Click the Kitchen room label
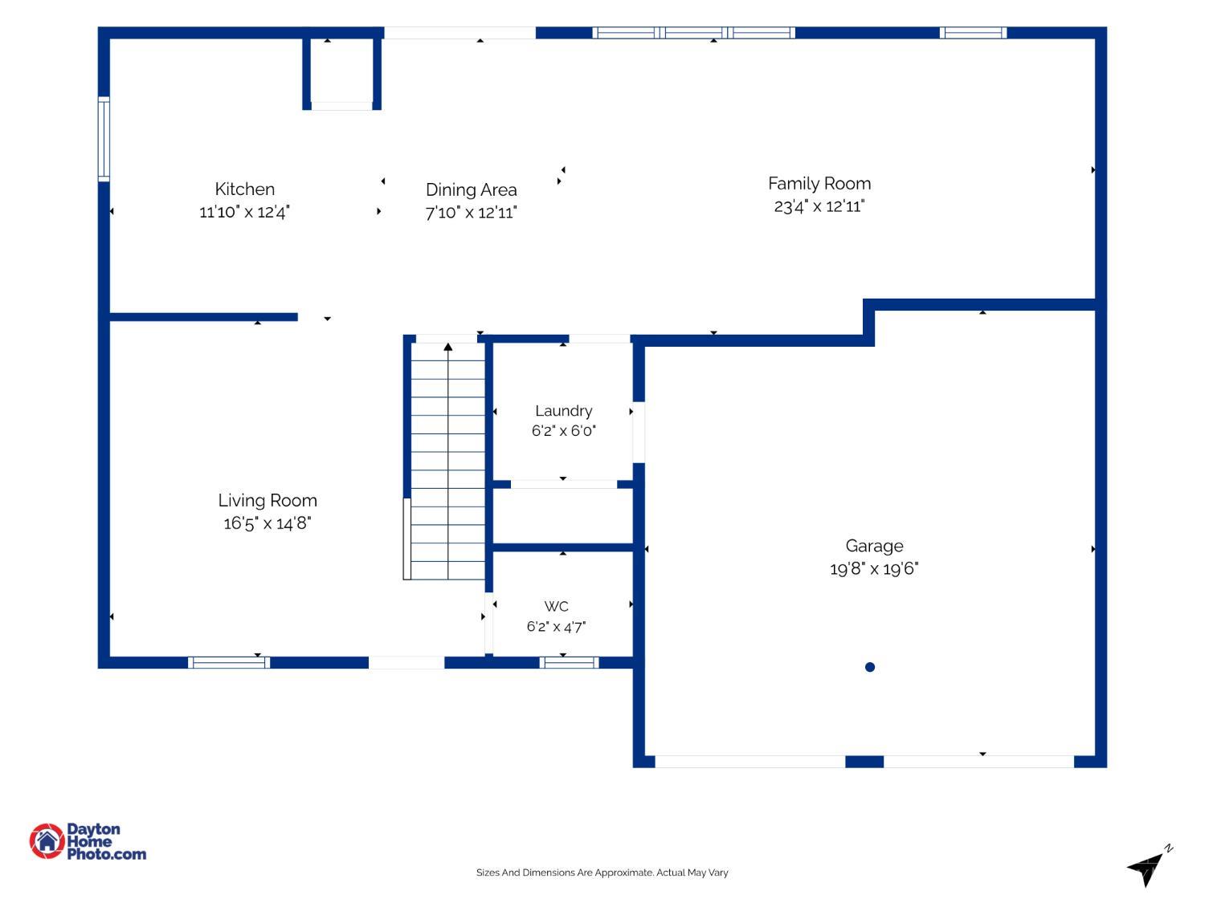244,189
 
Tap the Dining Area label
471,189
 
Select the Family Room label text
819,184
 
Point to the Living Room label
268,500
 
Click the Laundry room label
563,411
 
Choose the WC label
556,606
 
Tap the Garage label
874,546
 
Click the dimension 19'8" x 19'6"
874,568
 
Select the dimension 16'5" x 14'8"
268,523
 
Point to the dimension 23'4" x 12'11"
819,206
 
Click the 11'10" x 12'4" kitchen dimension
244,212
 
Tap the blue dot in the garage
869,667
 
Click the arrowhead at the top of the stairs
448,347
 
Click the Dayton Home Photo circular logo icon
47,841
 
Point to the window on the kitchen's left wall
104,139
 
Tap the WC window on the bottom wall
569,663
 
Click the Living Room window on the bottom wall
229,663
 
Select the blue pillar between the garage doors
864,762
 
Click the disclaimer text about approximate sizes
602,872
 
